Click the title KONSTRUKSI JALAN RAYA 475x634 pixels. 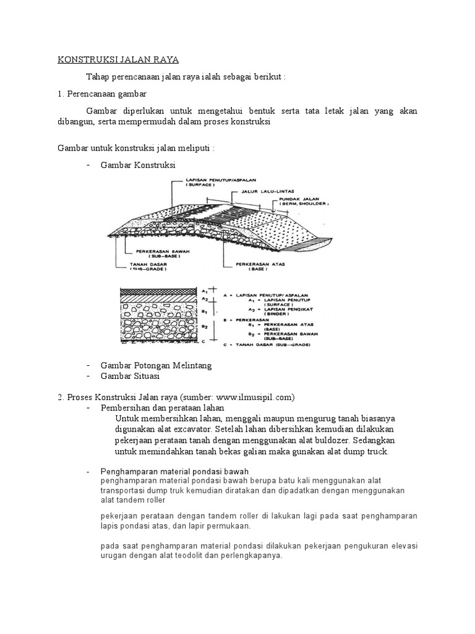pyautogui.click(x=118, y=59)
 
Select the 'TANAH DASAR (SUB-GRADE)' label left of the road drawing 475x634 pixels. pyautogui.click(x=147, y=267)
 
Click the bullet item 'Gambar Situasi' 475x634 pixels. pyautogui.click(x=130, y=376)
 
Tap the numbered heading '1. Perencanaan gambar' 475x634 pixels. pyautogui.click(x=102, y=93)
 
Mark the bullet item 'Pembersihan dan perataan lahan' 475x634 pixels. pyautogui.click(x=162, y=408)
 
